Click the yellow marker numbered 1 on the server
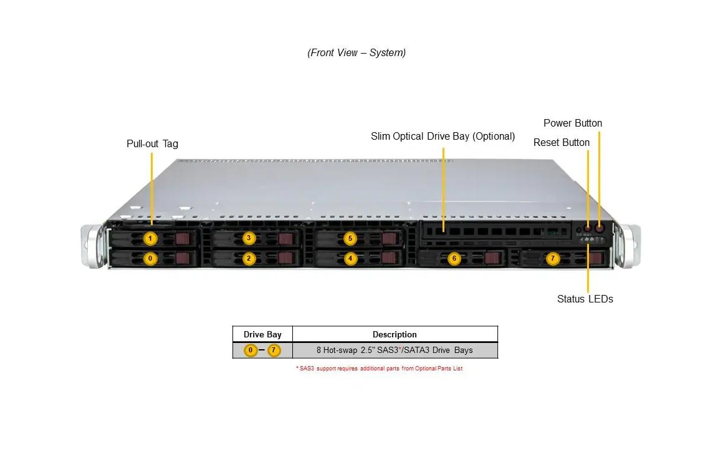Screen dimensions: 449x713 point(150,238)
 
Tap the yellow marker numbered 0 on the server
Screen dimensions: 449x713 point(150,258)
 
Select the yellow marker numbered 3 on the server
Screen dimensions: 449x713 point(249,238)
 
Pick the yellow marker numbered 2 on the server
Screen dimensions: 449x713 point(249,258)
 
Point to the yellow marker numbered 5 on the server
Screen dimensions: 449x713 point(350,238)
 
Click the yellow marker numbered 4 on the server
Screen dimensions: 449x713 point(350,258)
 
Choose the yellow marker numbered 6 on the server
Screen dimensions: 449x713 point(454,258)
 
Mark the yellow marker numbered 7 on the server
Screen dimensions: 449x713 point(552,258)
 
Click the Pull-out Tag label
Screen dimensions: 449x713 point(152,143)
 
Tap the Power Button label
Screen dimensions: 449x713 point(572,123)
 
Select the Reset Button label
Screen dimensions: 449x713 point(561,142)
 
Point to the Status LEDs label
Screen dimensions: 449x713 point(585,299)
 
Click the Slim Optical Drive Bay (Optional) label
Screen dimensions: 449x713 point(443,136)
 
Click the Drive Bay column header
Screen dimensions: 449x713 point(262,334)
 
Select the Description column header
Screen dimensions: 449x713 point(395,334)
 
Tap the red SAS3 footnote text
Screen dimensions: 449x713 point(379,369)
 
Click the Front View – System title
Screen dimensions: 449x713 point(356,52)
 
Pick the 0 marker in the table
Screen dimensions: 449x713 point(251,350)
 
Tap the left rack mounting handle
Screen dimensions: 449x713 point(91,247)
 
